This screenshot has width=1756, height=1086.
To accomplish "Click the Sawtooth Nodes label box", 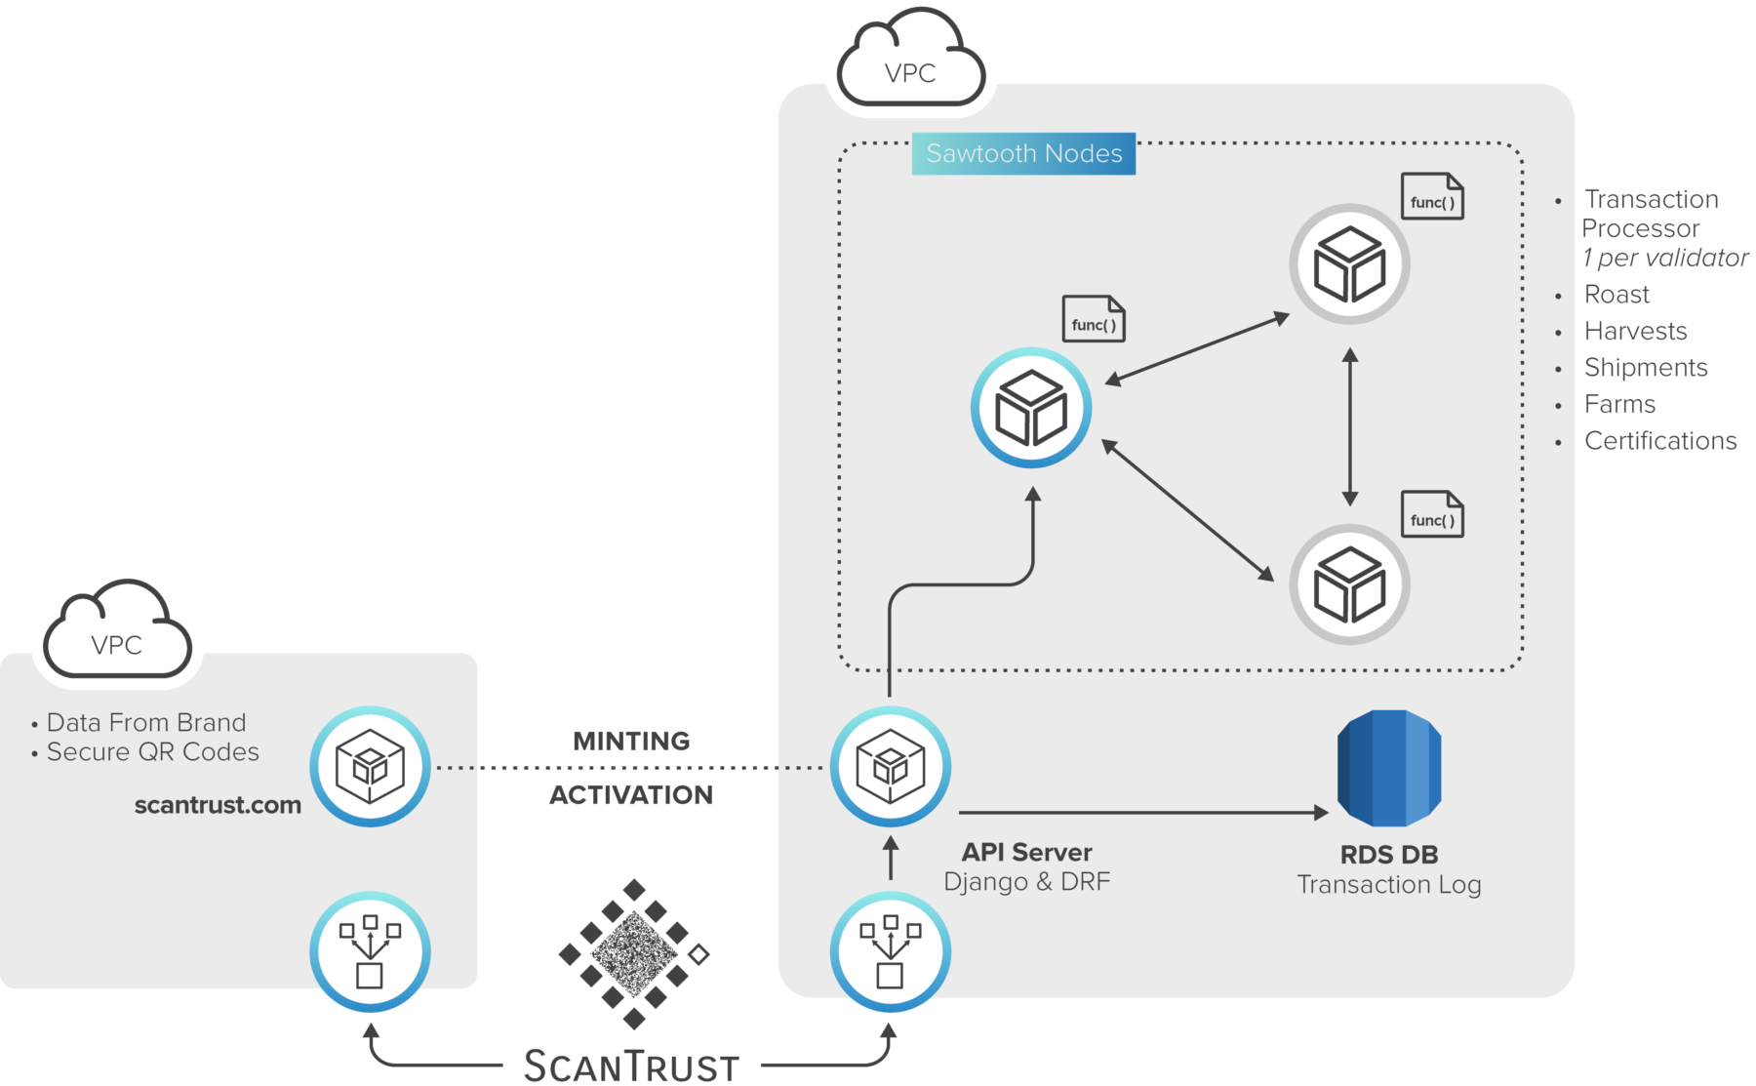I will click(x=1023, y=154).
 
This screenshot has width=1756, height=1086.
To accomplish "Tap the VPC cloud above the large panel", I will click(x=911, y=64).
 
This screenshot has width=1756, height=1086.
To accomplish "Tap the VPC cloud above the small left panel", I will click(x=117, y=636).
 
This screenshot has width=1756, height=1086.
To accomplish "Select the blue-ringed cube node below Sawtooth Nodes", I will click(x=1031, y=408).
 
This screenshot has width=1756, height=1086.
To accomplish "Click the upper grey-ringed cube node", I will click(x=1349, y=264).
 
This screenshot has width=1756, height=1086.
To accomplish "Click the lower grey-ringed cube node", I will click(x=1349, y=584).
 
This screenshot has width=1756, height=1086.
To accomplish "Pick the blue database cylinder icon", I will click(x=1389, y=768).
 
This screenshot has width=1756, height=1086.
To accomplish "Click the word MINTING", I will click(x=631, y=742).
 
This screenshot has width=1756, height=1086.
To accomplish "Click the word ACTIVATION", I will click(x=631, y=795).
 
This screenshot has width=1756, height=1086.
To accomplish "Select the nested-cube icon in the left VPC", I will click(x=370, y=767).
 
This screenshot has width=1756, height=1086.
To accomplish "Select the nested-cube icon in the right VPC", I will click(x=890, y=767).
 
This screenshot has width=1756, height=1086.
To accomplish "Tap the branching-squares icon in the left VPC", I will click(x=370, y=951).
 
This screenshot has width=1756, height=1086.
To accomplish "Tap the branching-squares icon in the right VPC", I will click(x=890, y=951).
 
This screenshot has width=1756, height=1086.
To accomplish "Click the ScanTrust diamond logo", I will click(x=634, y=953).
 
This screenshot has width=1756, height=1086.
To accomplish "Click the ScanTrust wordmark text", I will click(x=631, y=1066).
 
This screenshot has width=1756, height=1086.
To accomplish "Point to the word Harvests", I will click(x=1636, y=332).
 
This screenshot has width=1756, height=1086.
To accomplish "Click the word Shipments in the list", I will click(x=1646, y=368).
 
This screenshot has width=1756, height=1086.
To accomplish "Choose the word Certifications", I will click(x=1660, y=441).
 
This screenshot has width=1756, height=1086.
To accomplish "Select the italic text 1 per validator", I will click(x=1665, y=259).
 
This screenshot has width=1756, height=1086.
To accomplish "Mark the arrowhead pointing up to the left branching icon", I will click(x=370, y=1028).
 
